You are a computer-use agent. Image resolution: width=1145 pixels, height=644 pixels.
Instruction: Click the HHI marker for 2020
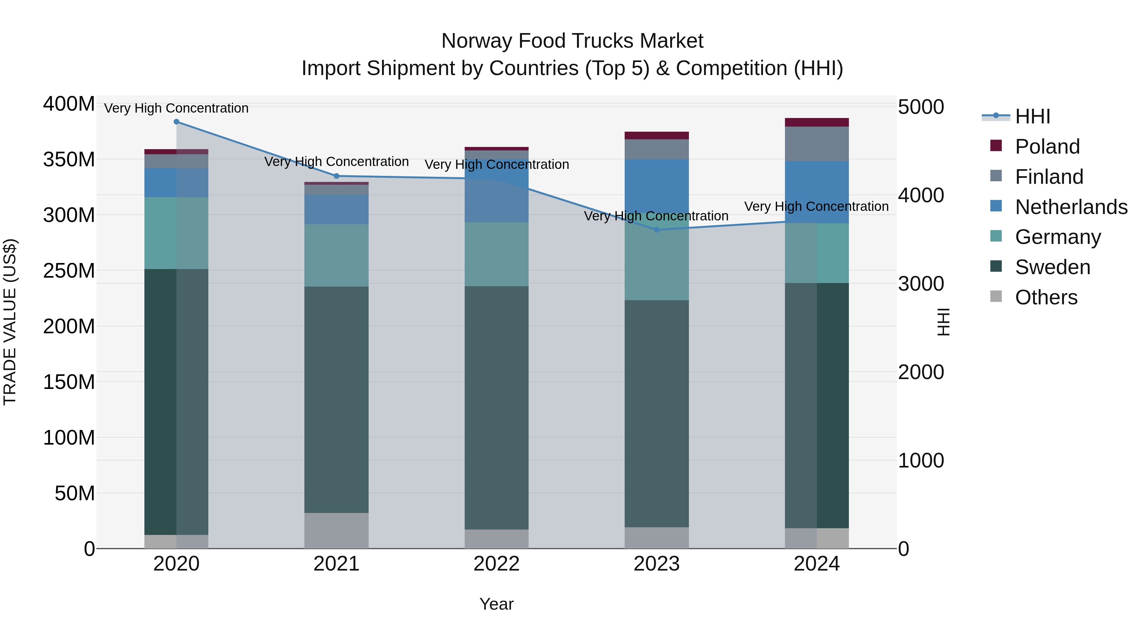pyautogui.click(x=177, y=122)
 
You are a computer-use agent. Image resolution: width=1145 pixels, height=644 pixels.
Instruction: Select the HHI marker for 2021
pyautogui.click(x=337, y=176)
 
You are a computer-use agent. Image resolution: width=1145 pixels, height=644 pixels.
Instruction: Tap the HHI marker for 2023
pyautogui.click(x=657, y=230)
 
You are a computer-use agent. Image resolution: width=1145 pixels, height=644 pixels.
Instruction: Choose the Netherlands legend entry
pyautogui.click(x=1071, y=207)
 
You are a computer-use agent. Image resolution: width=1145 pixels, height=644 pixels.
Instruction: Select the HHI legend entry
pyautogui.click(x=1032, y=116)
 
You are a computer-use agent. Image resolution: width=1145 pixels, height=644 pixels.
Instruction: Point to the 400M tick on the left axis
pyautogui.click(x=69, y=104)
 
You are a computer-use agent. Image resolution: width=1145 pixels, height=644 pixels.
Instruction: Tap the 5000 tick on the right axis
pyautogui.click(x=920, y=107)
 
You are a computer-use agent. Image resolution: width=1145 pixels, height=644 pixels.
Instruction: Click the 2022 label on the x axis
pyautogui.click(x=496, y=564)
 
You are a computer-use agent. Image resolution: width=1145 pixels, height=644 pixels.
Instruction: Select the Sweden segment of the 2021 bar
pyautogui.click(x=337, y=400)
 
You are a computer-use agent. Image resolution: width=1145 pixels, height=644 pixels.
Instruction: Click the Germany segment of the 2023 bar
pyautogui.click(x=657, y=262)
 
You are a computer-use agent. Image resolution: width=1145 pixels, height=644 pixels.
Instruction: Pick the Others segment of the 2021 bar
pyautogui.click(x=337, y=531)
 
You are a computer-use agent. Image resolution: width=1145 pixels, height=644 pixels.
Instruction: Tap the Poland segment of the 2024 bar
pyautogui.click(x=817, y=122)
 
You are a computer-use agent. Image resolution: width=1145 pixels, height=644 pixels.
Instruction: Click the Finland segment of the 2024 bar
pyautogui.click(x=817, y=144)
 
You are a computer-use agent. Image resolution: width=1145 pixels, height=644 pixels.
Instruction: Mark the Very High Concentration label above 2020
pyautogui.click(x=177, y=108)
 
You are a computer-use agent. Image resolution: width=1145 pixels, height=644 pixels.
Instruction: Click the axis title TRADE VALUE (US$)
pyautogui.click(x=10, y=322)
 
